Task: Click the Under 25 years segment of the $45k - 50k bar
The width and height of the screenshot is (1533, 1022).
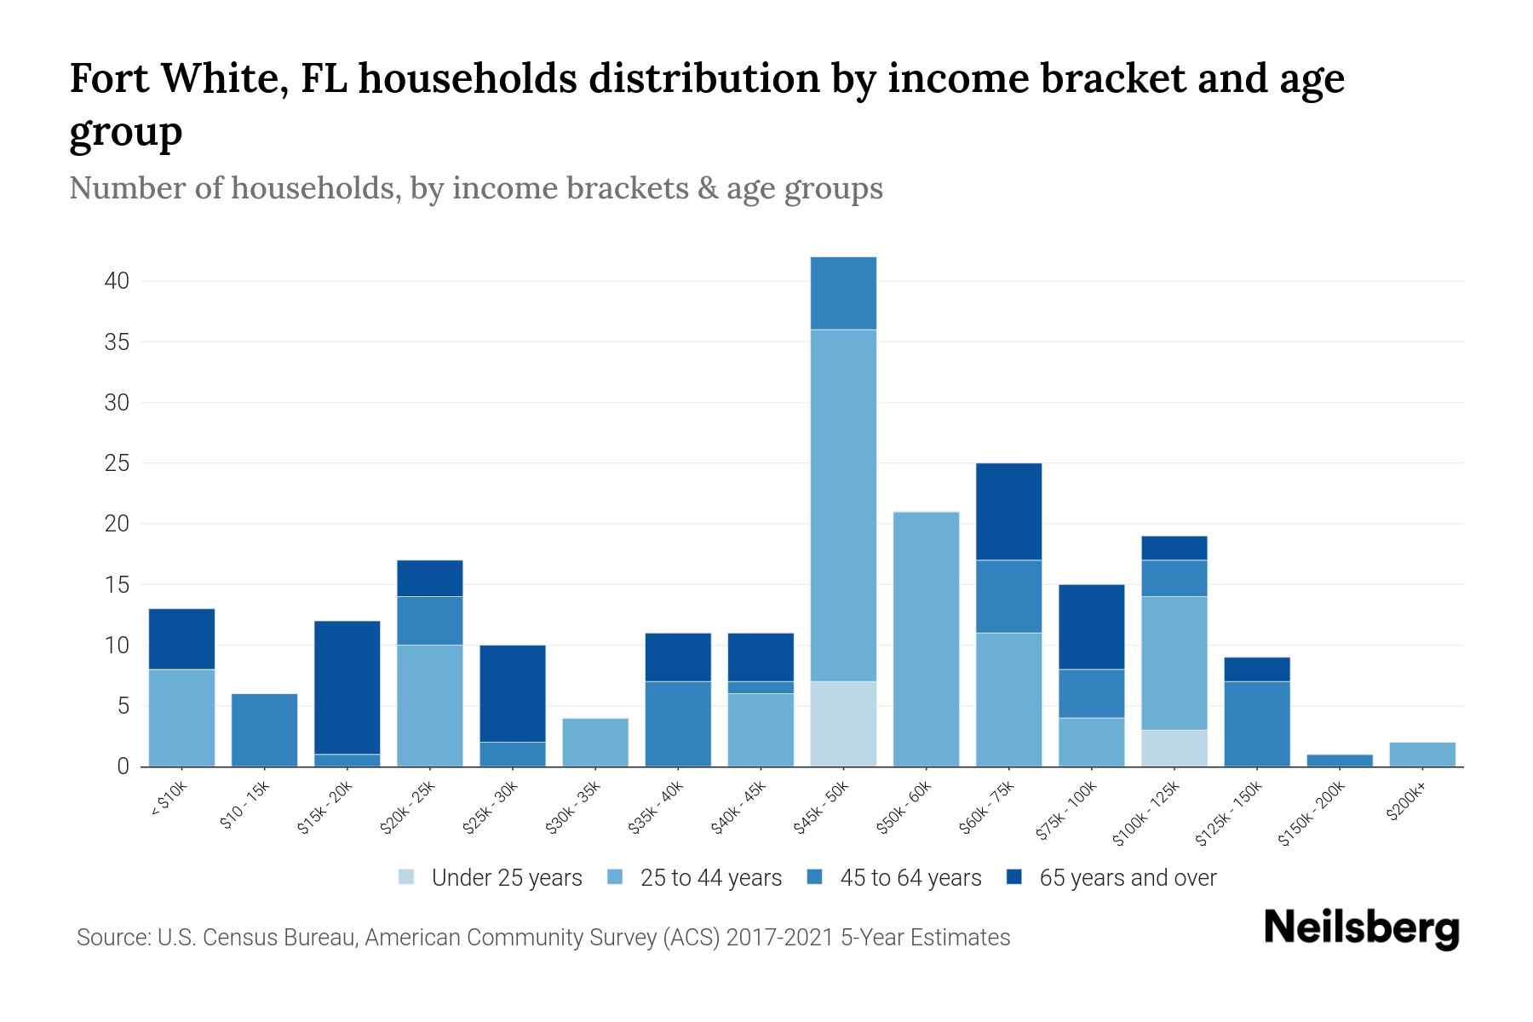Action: [843, 724]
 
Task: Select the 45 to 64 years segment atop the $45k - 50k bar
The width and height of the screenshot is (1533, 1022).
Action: [843, 293]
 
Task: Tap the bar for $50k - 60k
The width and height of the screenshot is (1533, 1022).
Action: [926, 639]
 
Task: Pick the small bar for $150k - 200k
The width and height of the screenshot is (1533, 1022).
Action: [1340, 760]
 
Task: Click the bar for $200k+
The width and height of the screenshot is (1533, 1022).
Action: [1422, 755]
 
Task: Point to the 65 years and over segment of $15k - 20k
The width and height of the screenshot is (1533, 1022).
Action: [347, 687]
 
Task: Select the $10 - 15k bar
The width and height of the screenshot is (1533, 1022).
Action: [264, 730]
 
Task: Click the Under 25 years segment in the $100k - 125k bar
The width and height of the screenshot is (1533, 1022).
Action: [1174, 748]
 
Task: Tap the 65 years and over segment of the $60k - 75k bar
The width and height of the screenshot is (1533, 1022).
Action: [1008, 511]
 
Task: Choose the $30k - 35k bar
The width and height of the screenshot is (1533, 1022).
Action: [595, 742]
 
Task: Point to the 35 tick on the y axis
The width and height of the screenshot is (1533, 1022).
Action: [117, 342]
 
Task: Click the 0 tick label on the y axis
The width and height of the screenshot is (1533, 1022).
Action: [123, 766]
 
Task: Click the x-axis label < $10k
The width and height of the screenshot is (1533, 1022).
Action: [169, 801]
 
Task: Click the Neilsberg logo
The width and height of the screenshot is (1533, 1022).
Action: [1361, 928]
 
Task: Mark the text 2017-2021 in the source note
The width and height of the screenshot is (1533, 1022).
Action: [779, 938]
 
